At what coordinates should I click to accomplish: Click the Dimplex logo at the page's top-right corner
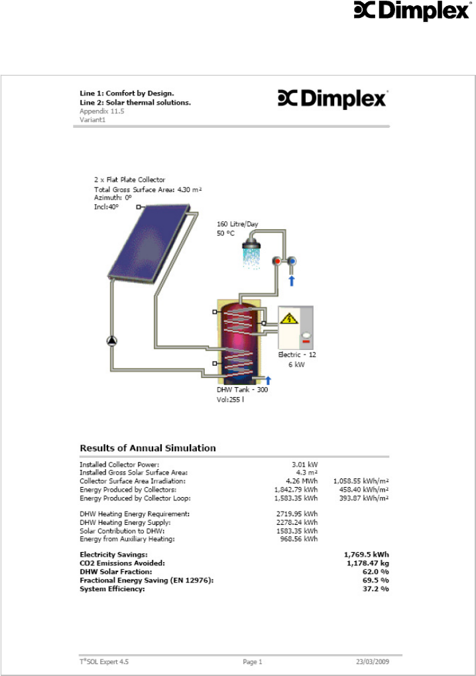click(405, 12)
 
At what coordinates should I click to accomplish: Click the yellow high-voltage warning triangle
click(289, 319)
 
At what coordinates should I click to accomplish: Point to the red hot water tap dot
click(278, 262)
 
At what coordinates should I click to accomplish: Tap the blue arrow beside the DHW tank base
click(268, 380)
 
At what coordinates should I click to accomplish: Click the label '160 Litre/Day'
click(237, 224)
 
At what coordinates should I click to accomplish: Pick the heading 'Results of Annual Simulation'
click(147, 448)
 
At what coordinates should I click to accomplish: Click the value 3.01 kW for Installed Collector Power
click(305, 465)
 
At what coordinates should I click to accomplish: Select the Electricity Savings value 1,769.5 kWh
click(366, 554)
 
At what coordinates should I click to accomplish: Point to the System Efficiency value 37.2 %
click(375, 589)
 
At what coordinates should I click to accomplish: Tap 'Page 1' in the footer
click(252, 661)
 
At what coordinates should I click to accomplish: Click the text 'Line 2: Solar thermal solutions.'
click(135, 103)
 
